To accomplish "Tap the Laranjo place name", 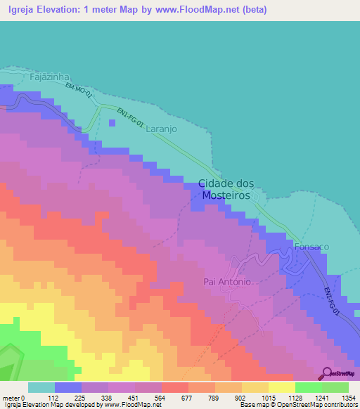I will pyautogui.click(x=162, y=130).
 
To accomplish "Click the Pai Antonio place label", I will pyautogui.click(x=227, y=282).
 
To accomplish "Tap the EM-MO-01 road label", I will pyautogui.click(x=79, y=90).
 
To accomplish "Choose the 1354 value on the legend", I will pyautogui.click(x=349, y=397).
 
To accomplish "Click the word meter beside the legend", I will pyautogui.click(x=11, y=397).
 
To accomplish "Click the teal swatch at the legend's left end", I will pyautogui.click(x=41, y=387).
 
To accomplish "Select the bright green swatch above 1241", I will pyautogui.click(x=309, y=387).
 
